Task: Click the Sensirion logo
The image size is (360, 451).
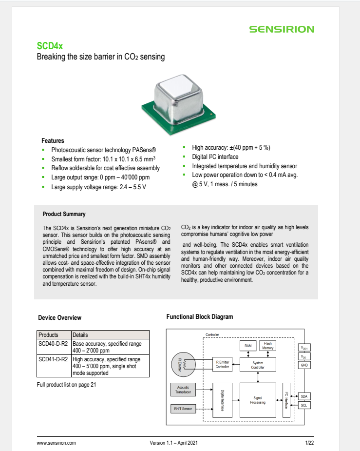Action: coord(282,29)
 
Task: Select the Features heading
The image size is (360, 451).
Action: coord(53,140)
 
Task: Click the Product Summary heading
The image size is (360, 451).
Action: coord(64,214)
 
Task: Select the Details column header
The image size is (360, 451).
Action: coord(80,335)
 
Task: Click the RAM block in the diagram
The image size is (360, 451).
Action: coord(248,346)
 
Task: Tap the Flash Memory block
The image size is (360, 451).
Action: coord(268,346)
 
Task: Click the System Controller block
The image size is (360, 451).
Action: coord(258,365)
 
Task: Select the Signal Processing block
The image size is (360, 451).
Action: coord(258,400)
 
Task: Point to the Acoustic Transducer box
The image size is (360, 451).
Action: coord(183,389)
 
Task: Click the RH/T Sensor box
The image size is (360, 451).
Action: coord(183,409)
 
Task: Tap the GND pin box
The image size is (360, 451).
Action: coord(304,365)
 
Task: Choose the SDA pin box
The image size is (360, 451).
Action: coord(304,396)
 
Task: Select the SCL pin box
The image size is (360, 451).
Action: coord(304,405)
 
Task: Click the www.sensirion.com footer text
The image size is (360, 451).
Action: coord(57,443)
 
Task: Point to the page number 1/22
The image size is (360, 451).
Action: coord(309,443)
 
